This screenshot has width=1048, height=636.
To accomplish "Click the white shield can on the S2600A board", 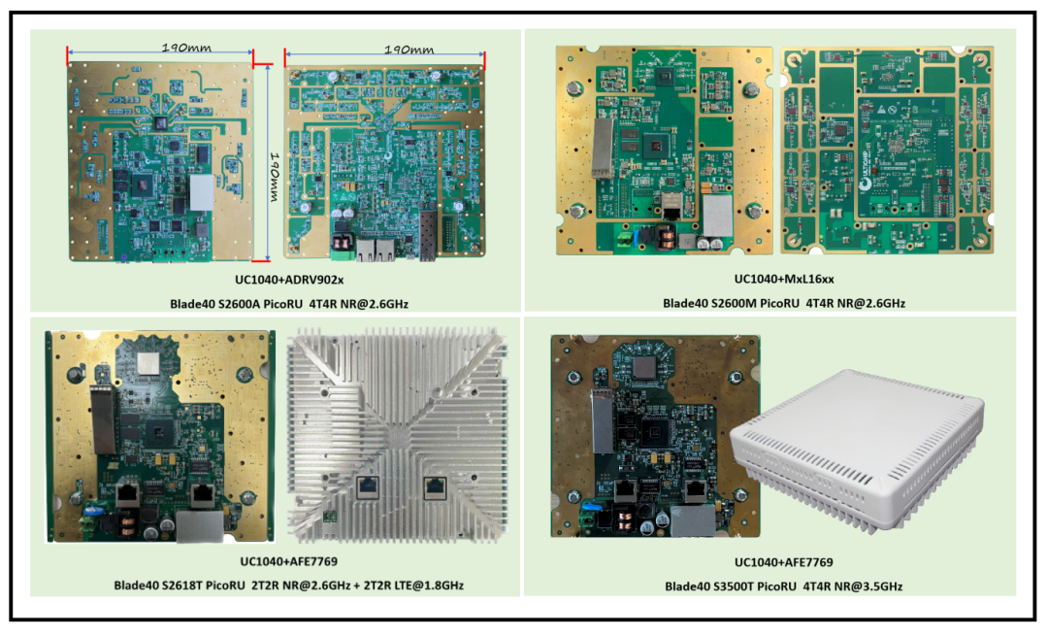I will [200, 192].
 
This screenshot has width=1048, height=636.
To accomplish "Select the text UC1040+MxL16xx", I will [784, 279].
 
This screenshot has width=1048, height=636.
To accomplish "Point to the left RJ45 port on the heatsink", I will [371, 486].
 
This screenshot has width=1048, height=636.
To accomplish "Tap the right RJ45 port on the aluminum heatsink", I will [434, 486].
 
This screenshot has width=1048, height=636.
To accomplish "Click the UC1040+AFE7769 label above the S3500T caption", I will [783, 562].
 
